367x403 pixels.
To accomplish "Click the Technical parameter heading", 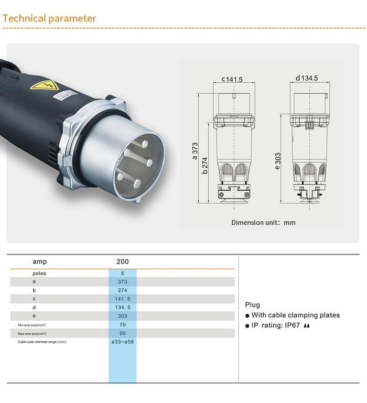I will pyautogui.click(x=49, y=19).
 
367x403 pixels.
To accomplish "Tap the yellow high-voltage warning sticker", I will pyautogui.click(x=44, y=84).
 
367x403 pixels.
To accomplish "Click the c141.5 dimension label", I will pyautogui.click(x=232, y=80).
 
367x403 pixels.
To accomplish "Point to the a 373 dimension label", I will pyautogui.click(x=195, y=151).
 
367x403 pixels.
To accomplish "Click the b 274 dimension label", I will pyautogui.click(x=206, y=166).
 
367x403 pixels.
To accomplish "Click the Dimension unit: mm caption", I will pyautogui.click(x=263, y=223).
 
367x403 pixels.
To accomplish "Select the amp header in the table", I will pyautogui.click(x=40, y=262).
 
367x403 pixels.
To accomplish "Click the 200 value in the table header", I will pyautogui.click(x=122, y=262).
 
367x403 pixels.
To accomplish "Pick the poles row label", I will pyautogui.click(x=39, y=273).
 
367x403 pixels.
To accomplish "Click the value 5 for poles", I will pyautogui.click(x=122, y=273).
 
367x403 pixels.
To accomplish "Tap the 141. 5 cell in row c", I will pyautogui.click(x=122, y=299).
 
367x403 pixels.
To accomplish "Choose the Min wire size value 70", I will pyautogui.click(x=122, y=325).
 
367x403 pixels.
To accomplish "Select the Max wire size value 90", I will pyautogui.click(x=122, y=333).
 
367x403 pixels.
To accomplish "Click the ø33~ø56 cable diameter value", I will pyautogui.click(x=122, y=342).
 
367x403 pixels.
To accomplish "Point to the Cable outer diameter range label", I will pyautogui.click(x=42, y=342).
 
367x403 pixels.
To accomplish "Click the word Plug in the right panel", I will pyautogui.click(x=252, y=304).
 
